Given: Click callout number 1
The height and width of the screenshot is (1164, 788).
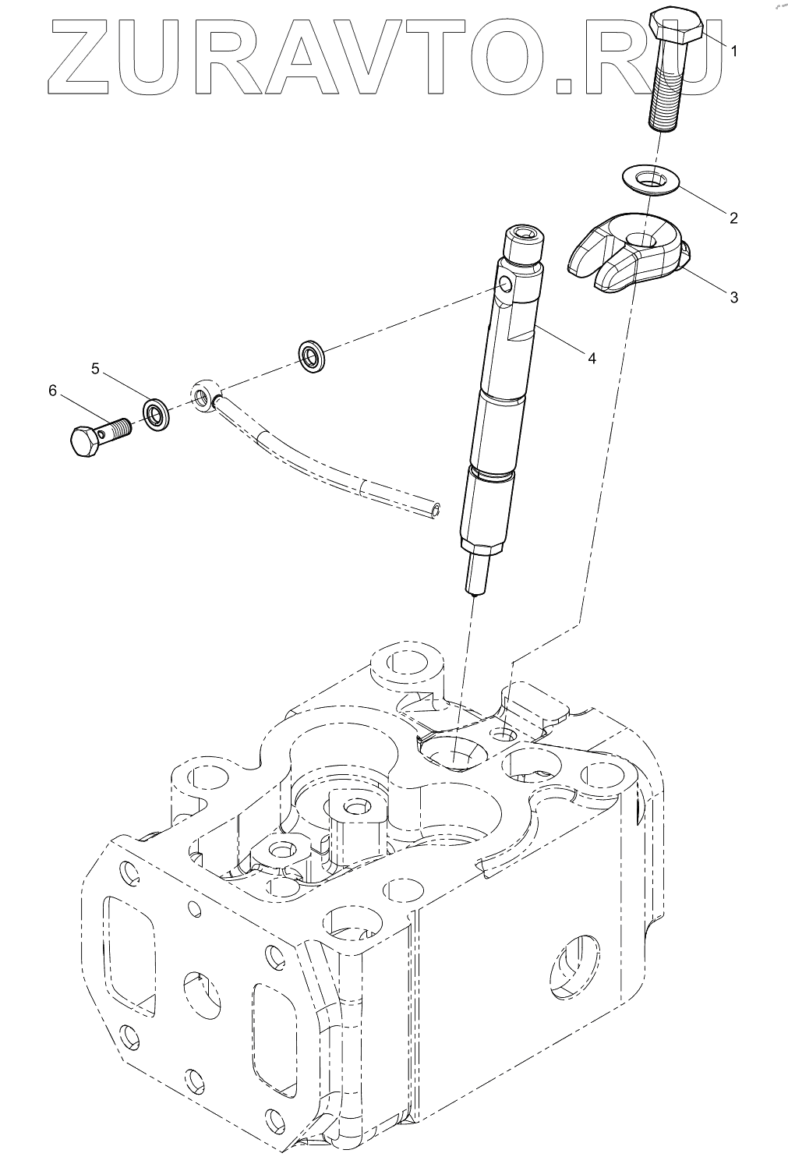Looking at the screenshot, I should (733, 49).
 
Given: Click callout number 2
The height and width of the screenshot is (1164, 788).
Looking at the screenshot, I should (733, 218).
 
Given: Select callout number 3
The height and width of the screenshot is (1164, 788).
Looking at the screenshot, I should (733, 297).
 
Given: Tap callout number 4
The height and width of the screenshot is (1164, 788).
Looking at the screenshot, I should (592, 358).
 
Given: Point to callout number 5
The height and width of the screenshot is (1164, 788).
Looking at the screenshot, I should (95, 369).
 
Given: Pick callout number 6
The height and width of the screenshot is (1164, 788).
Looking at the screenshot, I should (53, 391).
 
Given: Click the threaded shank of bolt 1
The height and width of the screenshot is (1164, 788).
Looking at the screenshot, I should (666, 94).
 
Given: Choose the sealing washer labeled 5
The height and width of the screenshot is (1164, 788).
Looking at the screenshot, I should (157, 413).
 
